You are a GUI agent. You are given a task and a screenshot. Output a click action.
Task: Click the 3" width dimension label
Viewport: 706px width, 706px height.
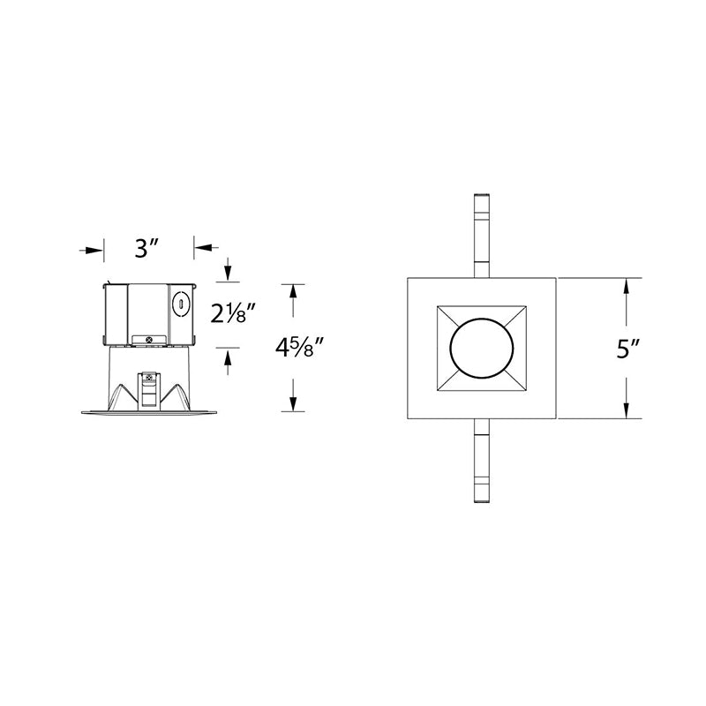146,248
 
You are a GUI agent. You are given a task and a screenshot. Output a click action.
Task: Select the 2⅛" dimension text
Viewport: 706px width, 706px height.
234,313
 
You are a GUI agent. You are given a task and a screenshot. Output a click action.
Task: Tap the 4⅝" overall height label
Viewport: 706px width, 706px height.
299,348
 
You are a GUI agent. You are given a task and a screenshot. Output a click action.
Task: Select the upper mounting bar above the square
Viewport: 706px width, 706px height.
482,236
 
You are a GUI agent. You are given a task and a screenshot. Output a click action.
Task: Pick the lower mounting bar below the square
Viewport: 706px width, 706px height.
482,461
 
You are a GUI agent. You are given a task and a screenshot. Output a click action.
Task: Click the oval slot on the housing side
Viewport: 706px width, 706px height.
181,304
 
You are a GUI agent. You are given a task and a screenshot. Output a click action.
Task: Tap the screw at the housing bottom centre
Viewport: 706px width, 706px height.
149,339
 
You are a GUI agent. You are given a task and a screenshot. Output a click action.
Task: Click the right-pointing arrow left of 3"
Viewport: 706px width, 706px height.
92,250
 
